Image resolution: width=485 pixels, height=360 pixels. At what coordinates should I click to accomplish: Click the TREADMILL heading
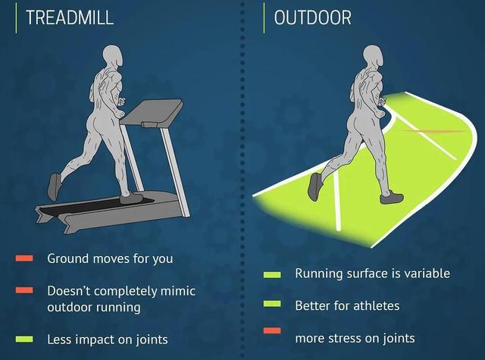(x=70, y=17)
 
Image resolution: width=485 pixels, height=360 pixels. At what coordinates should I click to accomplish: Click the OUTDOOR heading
(x=313, y=17)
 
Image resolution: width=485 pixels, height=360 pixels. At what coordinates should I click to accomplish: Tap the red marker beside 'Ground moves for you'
(x=24, y=258)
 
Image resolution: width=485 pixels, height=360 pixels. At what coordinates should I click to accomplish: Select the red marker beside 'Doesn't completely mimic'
(x=24, y=290)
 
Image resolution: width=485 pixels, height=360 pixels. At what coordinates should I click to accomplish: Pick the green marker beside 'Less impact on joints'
(x=24, y=340)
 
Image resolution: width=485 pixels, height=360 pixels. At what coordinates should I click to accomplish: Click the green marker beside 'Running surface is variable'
(x=272, y=274)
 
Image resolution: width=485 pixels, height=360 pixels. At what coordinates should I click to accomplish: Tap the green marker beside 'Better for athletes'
(x=272, y=304)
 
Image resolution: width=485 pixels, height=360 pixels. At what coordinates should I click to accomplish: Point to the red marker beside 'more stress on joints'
(x=272, y=330)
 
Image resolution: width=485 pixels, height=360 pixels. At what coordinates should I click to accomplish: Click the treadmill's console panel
(x=152, y=113)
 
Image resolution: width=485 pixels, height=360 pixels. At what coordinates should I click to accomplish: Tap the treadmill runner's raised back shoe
(x=55, y=186)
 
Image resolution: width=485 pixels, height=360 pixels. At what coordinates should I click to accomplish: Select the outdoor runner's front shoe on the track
(x=391, y=197)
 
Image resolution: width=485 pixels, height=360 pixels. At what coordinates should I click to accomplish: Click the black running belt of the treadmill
(x=96, y=205)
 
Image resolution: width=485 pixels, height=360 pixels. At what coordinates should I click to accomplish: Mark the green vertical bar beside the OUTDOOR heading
(x=264, y=17)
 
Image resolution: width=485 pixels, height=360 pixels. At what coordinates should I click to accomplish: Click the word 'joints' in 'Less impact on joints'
(x=152, y=340)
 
